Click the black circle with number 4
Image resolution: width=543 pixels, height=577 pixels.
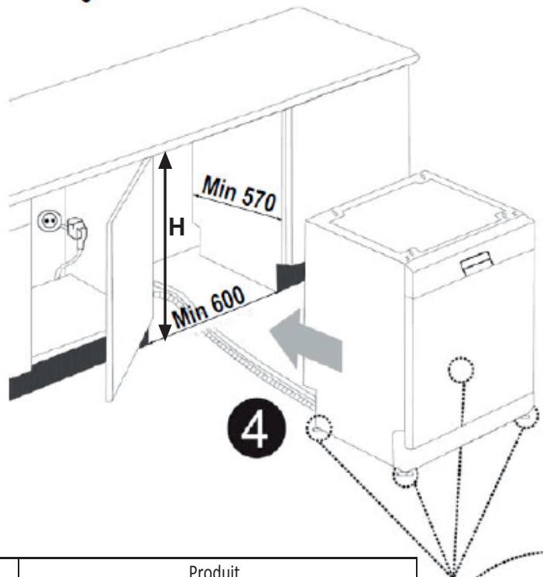point(256,428)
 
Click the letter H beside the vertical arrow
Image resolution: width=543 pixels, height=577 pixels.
point(177,227)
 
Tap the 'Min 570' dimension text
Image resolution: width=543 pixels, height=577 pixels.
point(239,194)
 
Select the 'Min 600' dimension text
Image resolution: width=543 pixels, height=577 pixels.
point(208,307)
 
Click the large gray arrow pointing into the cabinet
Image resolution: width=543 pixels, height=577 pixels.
point(306,339)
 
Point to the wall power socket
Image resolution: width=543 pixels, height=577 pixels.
point(49,222)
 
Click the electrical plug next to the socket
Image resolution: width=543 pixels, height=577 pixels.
point(77,229)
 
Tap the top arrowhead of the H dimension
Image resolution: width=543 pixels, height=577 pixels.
point(165,160)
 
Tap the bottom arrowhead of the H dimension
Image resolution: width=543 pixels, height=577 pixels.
point(165,333)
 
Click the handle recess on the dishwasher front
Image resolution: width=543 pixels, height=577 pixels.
point(477,263)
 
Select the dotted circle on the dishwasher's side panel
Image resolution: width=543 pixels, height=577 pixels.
point(461,370)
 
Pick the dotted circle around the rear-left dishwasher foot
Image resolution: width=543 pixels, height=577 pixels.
point(319,428)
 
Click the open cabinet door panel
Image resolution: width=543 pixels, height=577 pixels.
point(129,280)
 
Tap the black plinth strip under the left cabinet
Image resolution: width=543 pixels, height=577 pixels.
point(57,368)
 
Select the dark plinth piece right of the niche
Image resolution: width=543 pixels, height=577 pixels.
point(290,275)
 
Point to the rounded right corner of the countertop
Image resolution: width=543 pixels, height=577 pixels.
point(413,58)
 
